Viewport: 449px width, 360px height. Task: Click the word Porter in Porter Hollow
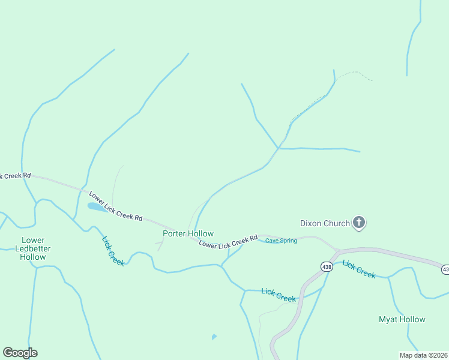tap(175, 233)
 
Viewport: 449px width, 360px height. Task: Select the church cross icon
tap(359, 223)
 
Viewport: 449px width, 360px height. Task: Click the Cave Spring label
tap(281, 241)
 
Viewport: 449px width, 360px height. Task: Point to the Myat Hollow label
tap(402, 319)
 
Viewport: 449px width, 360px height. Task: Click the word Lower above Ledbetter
tap(33, 240)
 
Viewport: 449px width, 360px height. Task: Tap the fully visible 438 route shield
tap(327, 266)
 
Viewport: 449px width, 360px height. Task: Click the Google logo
tap(20, 352)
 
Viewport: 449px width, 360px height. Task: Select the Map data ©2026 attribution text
tap(423, 355)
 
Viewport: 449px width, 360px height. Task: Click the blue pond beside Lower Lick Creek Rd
tap(97, 207)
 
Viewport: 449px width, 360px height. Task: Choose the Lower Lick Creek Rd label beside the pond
tap(116, 206)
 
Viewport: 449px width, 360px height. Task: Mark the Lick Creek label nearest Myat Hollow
tap(359, 269)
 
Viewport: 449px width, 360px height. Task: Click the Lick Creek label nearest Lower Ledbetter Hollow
tap(113, 251)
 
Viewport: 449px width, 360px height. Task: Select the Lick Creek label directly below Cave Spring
tap(279, 295)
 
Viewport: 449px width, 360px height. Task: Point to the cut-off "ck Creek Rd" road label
tap(15, 176)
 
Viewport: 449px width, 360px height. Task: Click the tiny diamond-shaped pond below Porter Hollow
tap(214, 337)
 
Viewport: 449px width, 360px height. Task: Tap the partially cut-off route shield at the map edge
tap(445, 269)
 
